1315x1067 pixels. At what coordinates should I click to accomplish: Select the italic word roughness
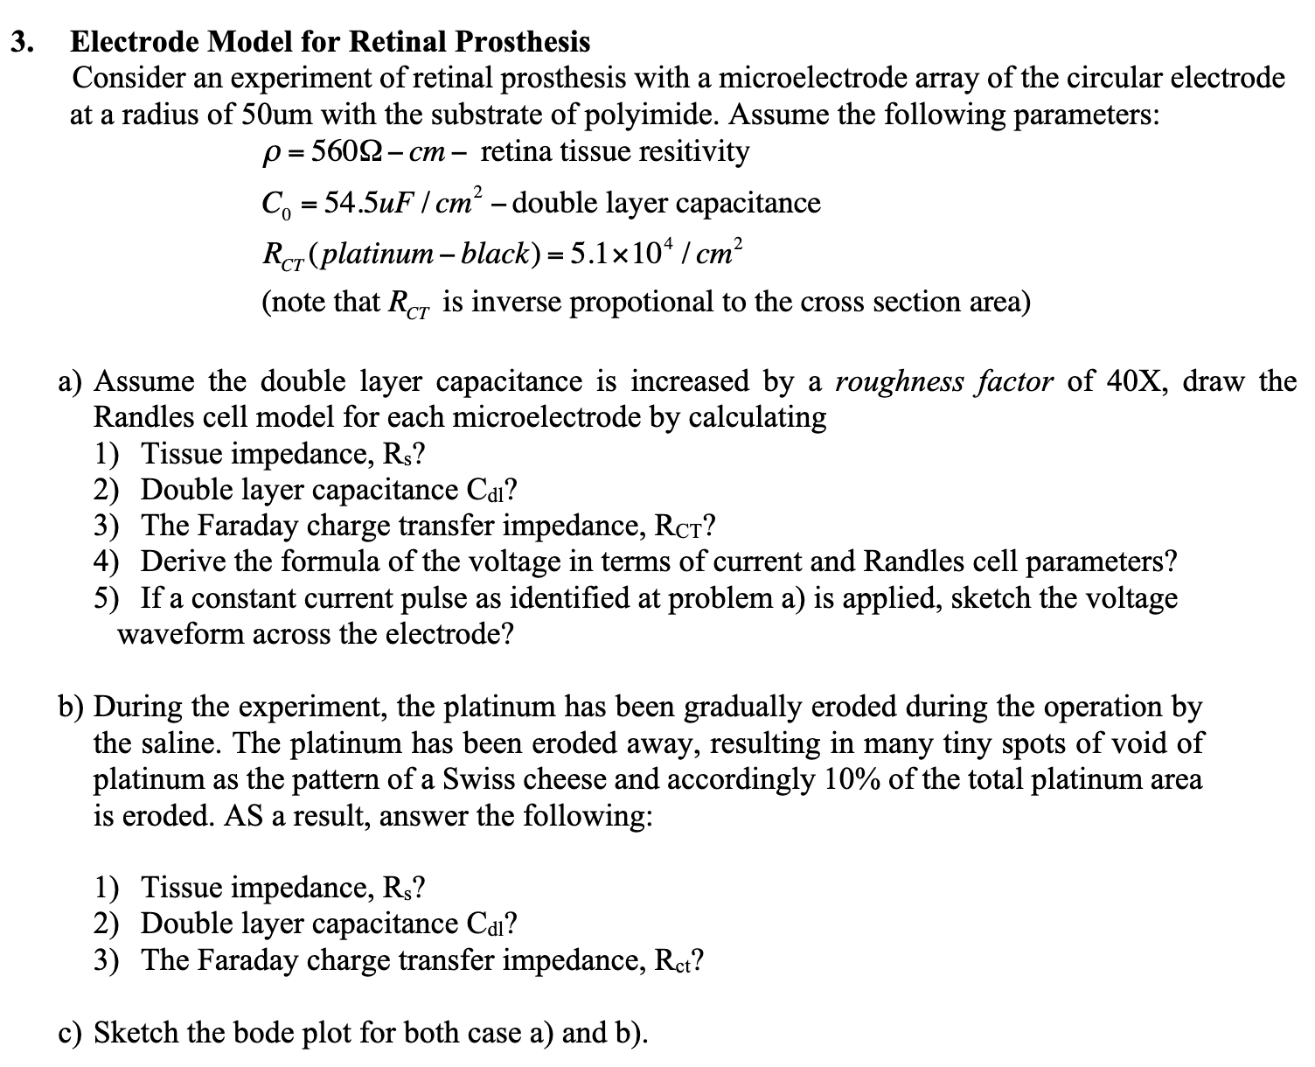891,381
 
